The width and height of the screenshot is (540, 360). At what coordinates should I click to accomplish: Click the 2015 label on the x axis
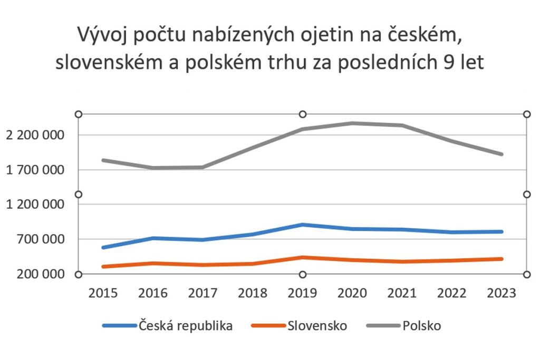[103, 293]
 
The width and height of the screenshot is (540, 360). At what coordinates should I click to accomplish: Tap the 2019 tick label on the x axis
[302, 293]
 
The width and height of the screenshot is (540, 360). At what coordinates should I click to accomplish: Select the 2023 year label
[502, 293]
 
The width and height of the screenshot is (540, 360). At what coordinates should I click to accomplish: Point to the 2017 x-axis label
[203, 293]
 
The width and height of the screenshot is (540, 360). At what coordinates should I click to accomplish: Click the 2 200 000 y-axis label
[35, 135]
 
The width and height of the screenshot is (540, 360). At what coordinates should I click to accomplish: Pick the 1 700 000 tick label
[35, 170]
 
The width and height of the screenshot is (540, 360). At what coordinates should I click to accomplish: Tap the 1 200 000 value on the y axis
[35, 205]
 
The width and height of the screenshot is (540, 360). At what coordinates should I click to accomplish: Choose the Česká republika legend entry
[185, 326]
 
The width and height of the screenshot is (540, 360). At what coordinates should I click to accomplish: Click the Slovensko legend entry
[317, 326]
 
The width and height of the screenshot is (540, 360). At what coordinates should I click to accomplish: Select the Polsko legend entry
[421, 326]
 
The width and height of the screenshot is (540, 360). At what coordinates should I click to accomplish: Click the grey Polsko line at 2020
[352, 123]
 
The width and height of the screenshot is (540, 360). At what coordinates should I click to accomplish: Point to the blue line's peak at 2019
[302, 225]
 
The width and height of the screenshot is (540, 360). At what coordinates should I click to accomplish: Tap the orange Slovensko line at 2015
[103, 267]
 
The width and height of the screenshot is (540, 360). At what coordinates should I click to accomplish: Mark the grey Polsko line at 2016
[153, 168]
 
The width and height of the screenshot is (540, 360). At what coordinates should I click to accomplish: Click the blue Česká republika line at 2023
[502, 231]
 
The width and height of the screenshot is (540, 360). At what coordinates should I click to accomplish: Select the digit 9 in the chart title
[446, 62]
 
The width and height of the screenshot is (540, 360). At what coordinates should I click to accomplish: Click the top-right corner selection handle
[526, 114]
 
